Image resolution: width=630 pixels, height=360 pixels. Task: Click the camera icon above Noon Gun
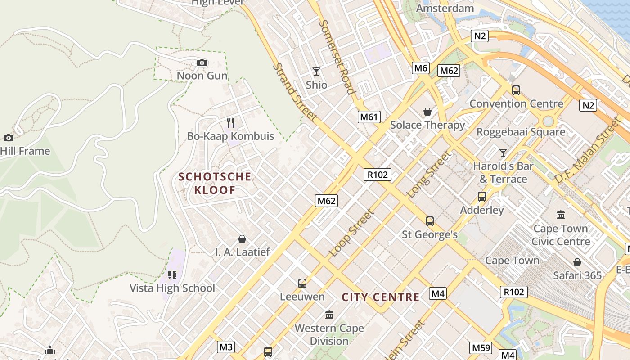(202, 63)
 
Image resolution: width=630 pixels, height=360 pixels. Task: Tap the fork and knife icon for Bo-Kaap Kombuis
(230, 123)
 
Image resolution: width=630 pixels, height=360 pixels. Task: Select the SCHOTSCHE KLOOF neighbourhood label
(215, 183)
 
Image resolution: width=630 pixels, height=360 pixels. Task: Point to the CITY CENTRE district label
(380, 297)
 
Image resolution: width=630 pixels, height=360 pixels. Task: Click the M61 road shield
(369, 117)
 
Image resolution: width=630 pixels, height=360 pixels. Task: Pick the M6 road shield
(420, 68)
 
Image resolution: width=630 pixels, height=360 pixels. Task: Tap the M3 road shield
(226, 347)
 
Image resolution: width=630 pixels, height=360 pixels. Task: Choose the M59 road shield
(481, 347)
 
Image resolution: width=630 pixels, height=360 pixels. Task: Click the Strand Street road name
(295, 92)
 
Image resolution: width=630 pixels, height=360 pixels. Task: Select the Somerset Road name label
(337, 57)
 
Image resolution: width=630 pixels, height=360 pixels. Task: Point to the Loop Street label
(351, 233)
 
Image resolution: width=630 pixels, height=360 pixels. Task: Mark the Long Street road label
(428, 175)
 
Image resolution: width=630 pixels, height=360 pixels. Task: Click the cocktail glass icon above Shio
(316, 72)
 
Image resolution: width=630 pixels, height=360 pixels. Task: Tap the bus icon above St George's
(430, 221)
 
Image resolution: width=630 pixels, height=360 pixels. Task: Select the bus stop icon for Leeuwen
(302, 283)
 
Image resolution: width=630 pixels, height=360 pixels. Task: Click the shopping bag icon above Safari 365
(577, 262)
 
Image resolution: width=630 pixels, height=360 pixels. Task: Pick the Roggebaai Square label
(521, 132)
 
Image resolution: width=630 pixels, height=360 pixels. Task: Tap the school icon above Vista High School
(172, 274)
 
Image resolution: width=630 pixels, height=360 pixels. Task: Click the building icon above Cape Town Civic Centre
(561, 215)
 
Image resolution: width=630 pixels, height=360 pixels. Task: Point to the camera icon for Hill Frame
(8, 138)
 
